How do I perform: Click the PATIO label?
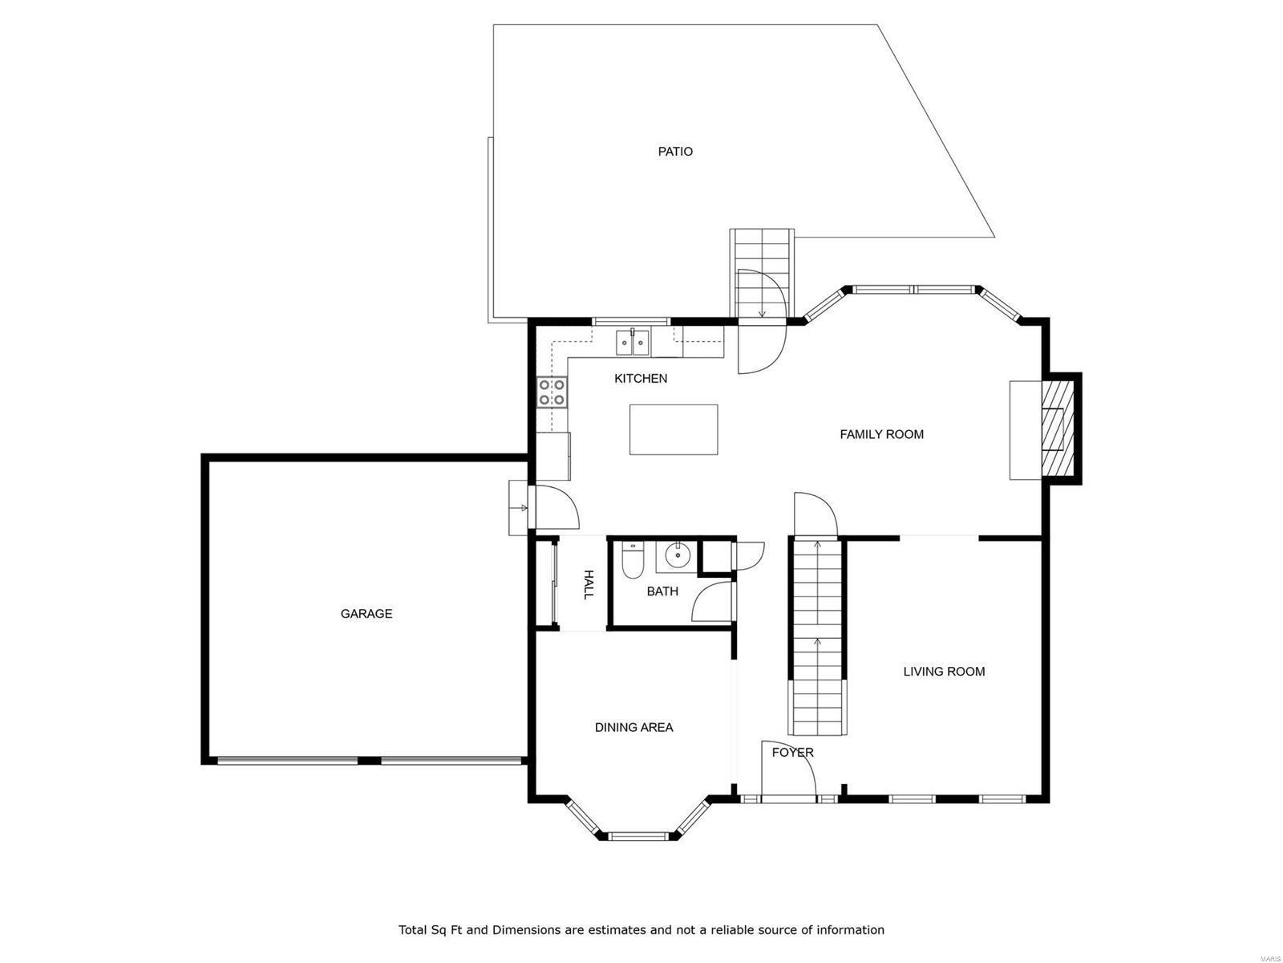click(x=675, y=152)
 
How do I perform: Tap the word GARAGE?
click(x=366, y=614)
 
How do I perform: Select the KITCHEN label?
click(x=641, y=379)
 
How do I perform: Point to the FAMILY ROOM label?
click(x=881, y=434)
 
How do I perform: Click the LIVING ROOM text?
click(x=944, y=672)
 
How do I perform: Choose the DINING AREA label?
click(x=633, y=728)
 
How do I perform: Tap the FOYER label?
click(x=792, y=753)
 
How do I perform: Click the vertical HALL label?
click(x=588, y=585)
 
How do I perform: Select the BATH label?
click(x=662, y=591)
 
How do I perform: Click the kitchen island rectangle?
click(x=673, y=429)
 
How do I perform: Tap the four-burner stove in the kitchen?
click(x=552, y=392)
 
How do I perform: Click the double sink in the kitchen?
click(x=633, y=343)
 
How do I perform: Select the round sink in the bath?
click(x=678, y=554)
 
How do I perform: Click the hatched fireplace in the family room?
click(x=1057, y=429)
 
